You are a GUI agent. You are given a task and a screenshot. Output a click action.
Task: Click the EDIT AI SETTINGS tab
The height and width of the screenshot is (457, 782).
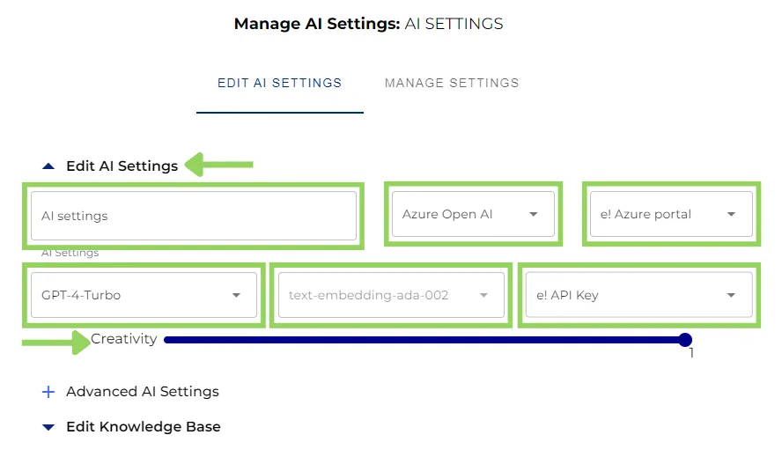pos(279,83)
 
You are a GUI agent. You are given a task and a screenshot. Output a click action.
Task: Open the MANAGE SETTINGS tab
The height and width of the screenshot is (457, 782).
pos(452,83)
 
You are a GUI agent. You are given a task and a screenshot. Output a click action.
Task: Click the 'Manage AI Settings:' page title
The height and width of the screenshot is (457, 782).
pos(316,24)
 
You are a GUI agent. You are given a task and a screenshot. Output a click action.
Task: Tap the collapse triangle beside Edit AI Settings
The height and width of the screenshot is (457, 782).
pos(48,166)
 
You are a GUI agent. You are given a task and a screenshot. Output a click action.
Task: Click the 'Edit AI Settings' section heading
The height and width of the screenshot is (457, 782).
pos(122,166)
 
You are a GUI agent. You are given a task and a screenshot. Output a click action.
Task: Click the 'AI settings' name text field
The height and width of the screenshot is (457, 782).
pos(193,216)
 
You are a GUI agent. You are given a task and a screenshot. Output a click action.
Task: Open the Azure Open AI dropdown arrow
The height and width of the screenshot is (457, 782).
pos(533,215)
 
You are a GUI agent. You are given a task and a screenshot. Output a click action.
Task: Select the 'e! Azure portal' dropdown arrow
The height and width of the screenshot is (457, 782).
pos(731,215)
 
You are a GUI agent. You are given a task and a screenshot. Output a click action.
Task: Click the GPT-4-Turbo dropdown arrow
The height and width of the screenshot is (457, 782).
pos(236,296)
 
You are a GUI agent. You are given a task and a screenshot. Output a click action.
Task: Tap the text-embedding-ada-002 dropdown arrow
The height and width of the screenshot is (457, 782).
pos(483,296)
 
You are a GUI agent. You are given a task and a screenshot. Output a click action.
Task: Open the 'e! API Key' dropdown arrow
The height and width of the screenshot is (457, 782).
pos(731,296)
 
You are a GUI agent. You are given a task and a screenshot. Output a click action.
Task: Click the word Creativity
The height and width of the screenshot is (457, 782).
pos(124,339)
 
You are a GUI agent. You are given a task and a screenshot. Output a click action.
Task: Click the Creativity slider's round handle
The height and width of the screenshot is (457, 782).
pos(685,340)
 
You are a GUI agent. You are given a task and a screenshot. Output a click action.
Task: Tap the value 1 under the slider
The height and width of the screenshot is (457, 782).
pos(691,353)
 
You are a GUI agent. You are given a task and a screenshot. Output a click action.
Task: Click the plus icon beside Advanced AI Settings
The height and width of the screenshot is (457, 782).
pos(48,392)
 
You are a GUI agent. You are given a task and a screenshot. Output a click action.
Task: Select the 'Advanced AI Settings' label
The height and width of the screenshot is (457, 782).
pos(143,392)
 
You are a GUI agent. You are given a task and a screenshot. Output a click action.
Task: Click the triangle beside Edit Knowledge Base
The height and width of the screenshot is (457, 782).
pos(48,427)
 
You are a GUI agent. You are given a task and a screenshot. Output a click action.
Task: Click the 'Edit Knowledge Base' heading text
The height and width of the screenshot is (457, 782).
pos(144,427)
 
